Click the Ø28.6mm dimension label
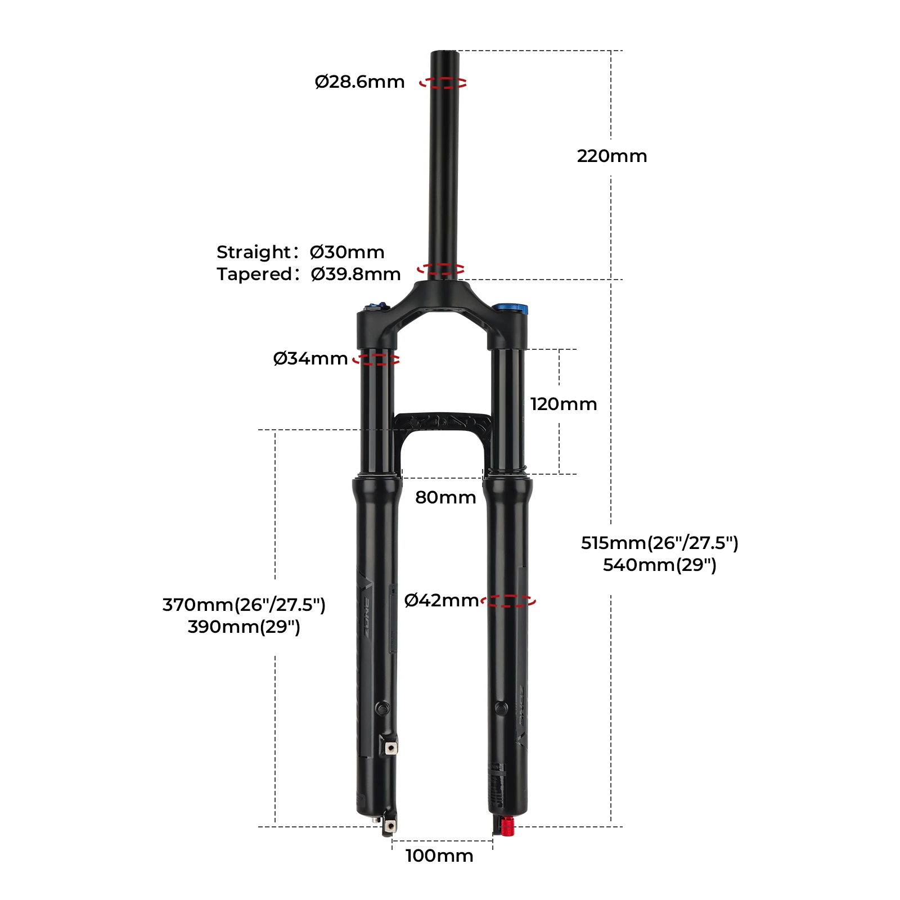tap(359, 82)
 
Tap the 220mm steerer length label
tap(611, 156)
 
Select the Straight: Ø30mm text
tap(300, 252)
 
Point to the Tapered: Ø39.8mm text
tap(308, 274)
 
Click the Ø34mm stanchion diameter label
tap(310, 358)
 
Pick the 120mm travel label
tap(563, 404)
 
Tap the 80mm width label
tap(445, 497)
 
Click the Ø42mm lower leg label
tap(441, 600)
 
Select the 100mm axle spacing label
tap(439, 856)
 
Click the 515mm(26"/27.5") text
tap(659, 543)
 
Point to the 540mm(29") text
tap(659, 565)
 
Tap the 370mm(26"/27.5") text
tap(244, 605)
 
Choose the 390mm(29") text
tap(244, 627)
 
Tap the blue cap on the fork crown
tap(510, 308)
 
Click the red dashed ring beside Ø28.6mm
tap(443, 83)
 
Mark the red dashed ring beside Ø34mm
tap(376, 359)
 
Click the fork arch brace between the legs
tap(442, 423)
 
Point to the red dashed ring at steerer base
tap(441, 269)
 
